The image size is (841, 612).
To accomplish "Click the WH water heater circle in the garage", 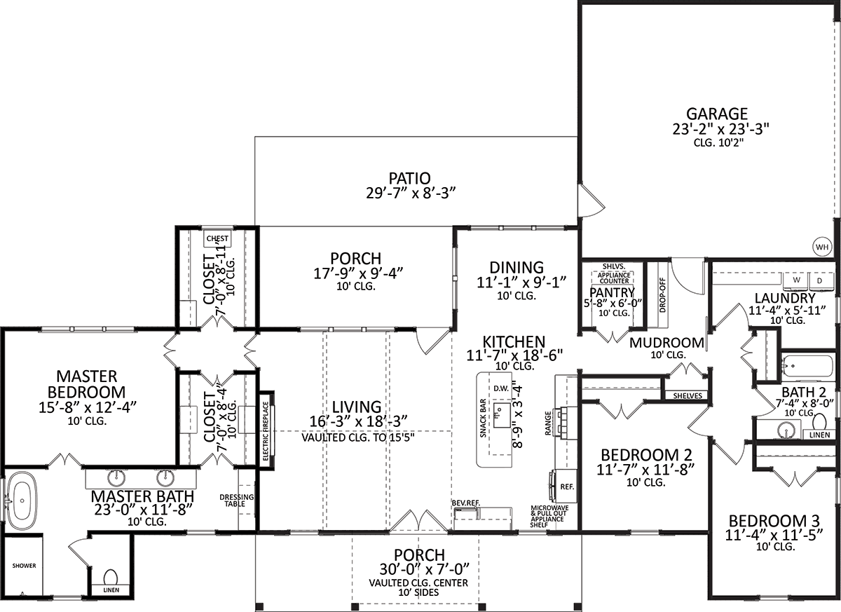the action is [822, 247].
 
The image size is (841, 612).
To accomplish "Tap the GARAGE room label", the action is [717, 114].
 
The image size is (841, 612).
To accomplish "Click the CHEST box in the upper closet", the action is [217, 238].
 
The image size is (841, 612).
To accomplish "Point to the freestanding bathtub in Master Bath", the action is [22, 501].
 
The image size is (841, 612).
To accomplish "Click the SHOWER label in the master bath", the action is [24, 566].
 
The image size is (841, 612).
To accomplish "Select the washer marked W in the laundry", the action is [796, 281].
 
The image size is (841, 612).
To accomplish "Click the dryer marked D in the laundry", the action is [819, 281].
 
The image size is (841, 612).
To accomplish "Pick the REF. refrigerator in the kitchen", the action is [567, 487].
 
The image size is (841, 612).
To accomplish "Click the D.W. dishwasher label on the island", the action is [501, 388].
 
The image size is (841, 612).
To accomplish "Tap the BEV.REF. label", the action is [466, 503].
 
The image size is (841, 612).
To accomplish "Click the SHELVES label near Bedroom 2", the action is [688, 396].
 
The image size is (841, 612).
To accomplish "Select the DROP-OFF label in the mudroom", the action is [662, 295].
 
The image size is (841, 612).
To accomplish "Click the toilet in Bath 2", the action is [819, 421].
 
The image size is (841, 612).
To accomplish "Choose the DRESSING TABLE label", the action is [237, 501].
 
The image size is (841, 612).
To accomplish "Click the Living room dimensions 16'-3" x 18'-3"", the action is [359, 421].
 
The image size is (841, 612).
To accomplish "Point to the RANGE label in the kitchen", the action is [548, 423].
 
